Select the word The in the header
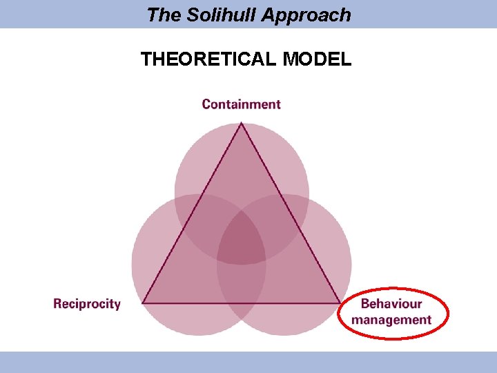(163, 15)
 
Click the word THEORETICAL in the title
(208, 59)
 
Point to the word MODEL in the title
(317, 59)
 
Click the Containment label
(241, 104)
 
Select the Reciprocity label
(87, 304)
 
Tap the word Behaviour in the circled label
(391, 304)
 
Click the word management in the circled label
(391, 320)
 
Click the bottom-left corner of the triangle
(143, 303)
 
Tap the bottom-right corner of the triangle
(340, 303)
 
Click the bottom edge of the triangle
(242, 303)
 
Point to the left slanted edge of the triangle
(192, 213)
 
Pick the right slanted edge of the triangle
(291, 213)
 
